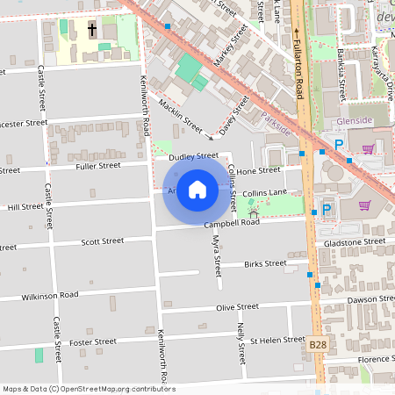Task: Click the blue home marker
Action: (x=197, y=189)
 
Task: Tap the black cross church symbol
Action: (x=92, y=30)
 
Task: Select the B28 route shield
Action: (x=318, y=347)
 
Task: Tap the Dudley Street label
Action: (x=192, y=156)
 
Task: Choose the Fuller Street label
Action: (x=97, y=165)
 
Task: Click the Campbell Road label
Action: (x=233, y=224)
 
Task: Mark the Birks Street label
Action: (x=265, y=262)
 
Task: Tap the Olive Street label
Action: (x=237, y=306)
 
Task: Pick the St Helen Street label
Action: (x=276, y=340)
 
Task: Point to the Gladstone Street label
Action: (x=355, y=241)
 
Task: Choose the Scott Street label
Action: (x=102, y=241)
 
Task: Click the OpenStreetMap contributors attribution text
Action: (x=88, y=389)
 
